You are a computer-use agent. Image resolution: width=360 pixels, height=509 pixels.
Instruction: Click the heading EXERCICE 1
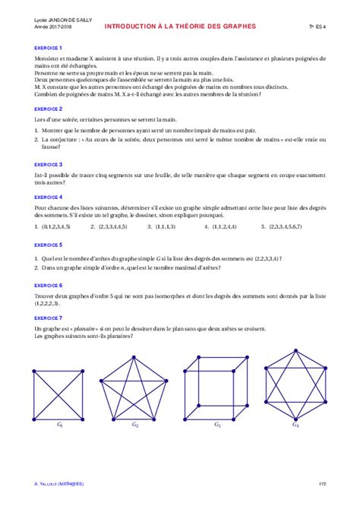(48, 47)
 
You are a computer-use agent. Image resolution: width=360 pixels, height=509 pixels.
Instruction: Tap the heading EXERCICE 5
(48, 245)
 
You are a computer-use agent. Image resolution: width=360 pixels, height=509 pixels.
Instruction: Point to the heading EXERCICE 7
(48, 318)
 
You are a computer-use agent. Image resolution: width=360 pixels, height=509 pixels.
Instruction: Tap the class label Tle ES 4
(317, 27)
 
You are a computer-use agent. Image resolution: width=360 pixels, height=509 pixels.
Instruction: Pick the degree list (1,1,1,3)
(165, 226)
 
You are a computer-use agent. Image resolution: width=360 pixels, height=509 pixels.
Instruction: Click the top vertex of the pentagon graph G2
(134, 352)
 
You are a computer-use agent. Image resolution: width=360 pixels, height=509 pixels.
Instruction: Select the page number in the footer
(322, 483)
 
